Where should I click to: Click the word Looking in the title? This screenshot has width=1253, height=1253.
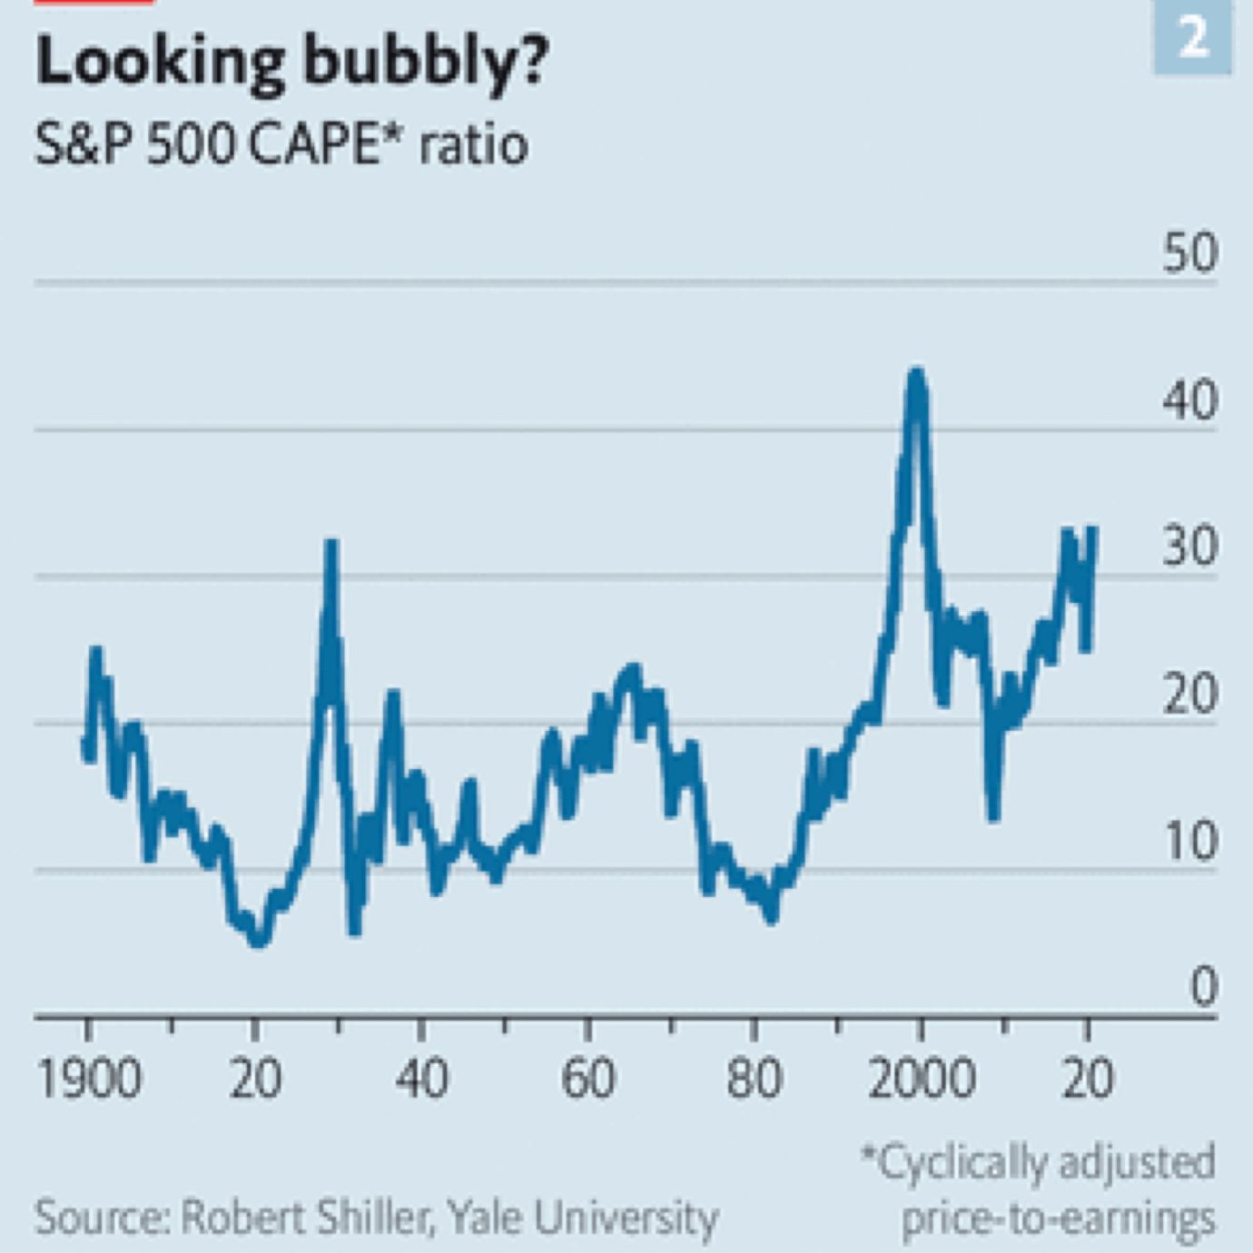159,62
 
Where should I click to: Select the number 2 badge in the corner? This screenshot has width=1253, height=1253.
1193,38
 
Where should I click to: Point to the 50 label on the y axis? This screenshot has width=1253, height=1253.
1189,253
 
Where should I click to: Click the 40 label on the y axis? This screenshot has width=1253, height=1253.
1189,400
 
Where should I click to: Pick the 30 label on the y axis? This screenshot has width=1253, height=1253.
1189,548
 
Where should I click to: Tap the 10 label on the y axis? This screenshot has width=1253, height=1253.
1189,842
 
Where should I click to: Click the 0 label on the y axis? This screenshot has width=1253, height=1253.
1202,987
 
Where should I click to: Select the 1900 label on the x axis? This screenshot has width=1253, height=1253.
89,1080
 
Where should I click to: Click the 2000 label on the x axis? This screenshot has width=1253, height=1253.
921,1080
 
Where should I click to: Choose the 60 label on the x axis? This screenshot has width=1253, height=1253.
587,1080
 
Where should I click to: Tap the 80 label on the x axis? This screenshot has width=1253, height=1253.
754,1080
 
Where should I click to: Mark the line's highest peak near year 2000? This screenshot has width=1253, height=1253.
916,371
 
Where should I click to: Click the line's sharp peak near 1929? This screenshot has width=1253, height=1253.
331,544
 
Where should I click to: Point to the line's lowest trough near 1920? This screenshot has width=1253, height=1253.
259,942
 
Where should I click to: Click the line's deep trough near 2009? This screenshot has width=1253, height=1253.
993,815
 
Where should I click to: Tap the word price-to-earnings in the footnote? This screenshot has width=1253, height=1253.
1058,1218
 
